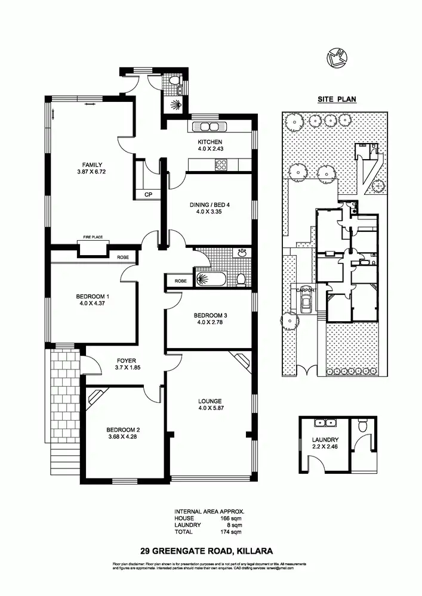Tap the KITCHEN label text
210,142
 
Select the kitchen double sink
210,126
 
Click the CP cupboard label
148,194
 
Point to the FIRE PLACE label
93,237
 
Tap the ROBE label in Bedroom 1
123,257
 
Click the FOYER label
127,361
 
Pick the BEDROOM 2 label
123,430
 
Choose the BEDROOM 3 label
210,315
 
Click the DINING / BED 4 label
210,205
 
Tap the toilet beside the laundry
362,427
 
